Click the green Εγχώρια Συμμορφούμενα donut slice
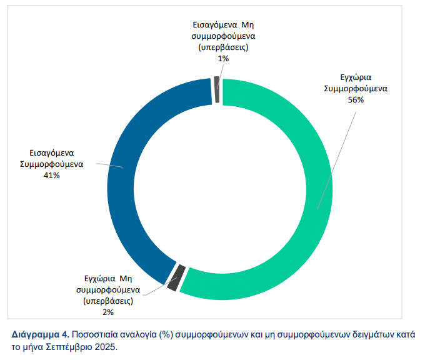click(x=319, y=206)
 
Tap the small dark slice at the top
click(x=216, y=89)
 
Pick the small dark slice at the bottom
click(x=176, y=278)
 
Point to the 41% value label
click(x=51, y=176)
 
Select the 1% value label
click(x=223, y=58)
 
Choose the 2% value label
click(x=108, y=311)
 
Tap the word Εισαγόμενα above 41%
click(x=52, y=152)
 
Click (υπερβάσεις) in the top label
click(x=223, y=47)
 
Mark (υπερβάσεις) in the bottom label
click(x=108, y=301)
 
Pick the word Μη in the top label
click(x=249, y=25)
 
